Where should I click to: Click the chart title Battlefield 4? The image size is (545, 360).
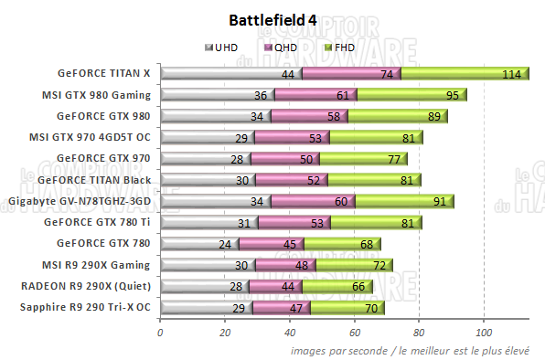tap(272, 19)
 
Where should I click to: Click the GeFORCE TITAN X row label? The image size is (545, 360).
tap(106, 73)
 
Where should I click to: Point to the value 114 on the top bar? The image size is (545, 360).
tap(511, 74)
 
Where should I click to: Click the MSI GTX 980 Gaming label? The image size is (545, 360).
tap(96, 94)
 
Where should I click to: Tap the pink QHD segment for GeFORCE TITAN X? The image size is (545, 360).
tap(351, 73)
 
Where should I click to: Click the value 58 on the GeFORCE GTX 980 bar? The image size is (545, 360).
tap(332, 116)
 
